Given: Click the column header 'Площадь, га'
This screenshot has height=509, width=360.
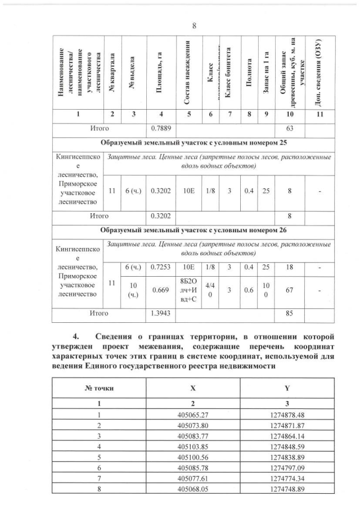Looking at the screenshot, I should point(160,71).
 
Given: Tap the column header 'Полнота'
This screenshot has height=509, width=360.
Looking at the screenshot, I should point(247,71).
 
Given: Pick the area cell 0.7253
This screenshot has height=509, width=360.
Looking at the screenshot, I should point(160,266).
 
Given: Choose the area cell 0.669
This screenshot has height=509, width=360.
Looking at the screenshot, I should point(160,290).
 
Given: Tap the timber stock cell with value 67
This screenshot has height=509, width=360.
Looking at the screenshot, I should point(289,290).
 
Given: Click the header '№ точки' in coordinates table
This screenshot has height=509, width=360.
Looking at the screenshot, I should point(98,388).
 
